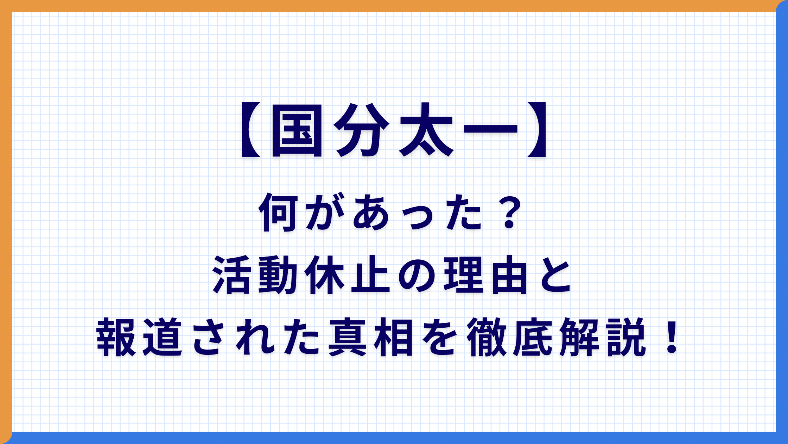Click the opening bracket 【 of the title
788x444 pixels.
[250, 129]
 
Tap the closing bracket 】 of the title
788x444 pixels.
[537, 129]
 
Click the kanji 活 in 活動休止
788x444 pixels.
[232, 275]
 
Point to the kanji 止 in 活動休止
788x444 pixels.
[370, 275]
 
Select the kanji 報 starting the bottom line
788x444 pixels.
[116, 337]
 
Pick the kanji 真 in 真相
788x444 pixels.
[348, 337]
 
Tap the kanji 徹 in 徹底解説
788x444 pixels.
[486, 337]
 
